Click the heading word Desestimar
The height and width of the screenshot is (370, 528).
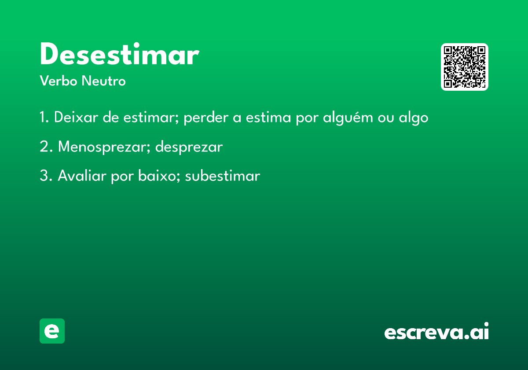120,54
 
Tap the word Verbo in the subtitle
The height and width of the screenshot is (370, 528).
59,81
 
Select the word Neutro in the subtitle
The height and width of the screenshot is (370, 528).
103,81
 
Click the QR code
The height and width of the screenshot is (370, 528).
464,67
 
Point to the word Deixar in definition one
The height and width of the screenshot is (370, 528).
76,117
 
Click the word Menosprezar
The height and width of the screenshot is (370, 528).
104,147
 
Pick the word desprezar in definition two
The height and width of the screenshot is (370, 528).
189,147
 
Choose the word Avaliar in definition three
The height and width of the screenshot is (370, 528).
82,176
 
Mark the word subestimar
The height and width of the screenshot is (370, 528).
223,176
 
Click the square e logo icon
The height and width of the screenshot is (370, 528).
52,331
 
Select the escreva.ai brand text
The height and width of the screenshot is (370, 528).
436,331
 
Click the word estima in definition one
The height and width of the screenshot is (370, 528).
268,117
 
